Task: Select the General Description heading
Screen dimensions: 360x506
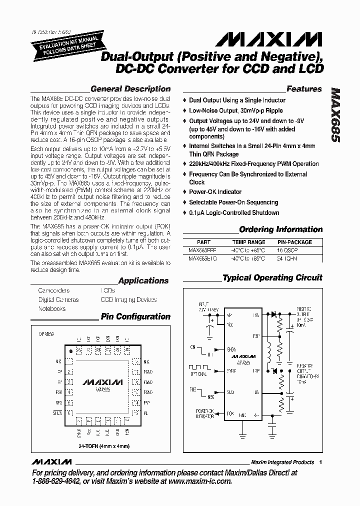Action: point(130,89)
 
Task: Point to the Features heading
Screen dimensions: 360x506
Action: point(304,89)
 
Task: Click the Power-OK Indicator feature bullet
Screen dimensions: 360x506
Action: point(215,192)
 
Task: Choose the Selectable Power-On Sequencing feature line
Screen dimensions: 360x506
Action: point(233,202)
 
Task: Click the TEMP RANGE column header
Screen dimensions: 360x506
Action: point(249,242)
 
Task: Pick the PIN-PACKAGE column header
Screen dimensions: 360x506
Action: point(294,242)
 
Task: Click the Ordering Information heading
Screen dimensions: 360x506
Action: point(281,229)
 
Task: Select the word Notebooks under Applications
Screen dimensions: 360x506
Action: point(52,308)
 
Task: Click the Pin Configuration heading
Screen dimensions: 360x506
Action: point(135,316)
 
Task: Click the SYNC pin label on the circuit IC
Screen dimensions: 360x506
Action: point(230,371)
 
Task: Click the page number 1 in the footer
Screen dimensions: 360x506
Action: point(320,462)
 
